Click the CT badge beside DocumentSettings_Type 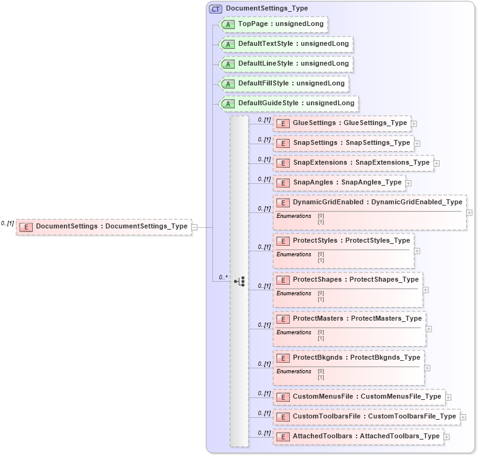pos(215,9)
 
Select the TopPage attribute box pos(272,25)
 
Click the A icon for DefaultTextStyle pos(228,45)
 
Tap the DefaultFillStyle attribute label pos(291,84)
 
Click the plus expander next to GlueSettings pos(414,124)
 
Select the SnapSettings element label pos(351,143)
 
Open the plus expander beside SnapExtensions pos(437,163)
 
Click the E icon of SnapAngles pos(283,183)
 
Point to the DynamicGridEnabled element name pos(378,202)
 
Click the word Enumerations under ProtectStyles pos(293,254)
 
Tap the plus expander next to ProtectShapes pos(426,290)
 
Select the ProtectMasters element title pos(357,319)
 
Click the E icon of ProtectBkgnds pos(283,358)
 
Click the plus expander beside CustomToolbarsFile pos(463,417)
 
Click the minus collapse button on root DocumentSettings pos(194,227)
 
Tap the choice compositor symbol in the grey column pos(240,282)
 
